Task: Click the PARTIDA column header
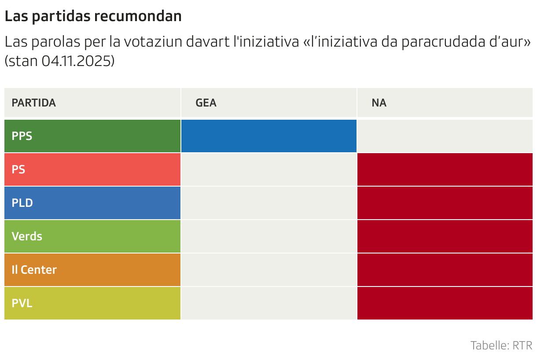[34, 103]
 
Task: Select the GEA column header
[206, 103]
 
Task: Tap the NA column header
[379, 103]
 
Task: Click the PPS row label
[22, 136]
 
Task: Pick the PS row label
[18, 169]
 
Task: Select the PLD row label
[22, 203]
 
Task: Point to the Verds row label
[27, 236]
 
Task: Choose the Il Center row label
[34, 270]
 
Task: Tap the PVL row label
[22, 303]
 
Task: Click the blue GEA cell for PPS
[268, 136]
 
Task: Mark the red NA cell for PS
[445, 169]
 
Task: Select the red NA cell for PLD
[445, 203]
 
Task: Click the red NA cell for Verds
[445, 236]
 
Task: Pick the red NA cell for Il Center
[445, 270]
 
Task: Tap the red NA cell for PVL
[445, 303]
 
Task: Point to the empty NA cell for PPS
[445, 136]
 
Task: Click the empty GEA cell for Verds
[268, 236]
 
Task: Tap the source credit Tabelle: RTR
[501, 345]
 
